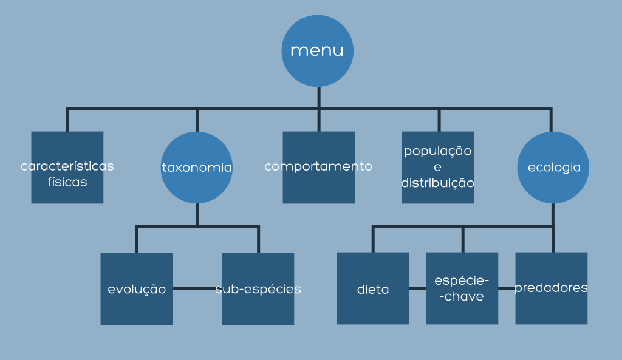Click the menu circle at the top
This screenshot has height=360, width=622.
[317, 50]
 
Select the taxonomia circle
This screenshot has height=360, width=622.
[197, 168]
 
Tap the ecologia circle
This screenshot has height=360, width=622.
[553, 168]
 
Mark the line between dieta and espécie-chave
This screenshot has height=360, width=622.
[417, 288]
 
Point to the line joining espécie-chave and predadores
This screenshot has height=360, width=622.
[507, 288]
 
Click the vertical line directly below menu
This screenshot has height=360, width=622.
[318, 97]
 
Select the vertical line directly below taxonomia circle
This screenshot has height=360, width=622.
[197, 214]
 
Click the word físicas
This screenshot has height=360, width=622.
[67, 182]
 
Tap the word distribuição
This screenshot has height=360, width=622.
[437, 182]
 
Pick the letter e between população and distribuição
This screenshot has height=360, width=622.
[437, 166]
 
